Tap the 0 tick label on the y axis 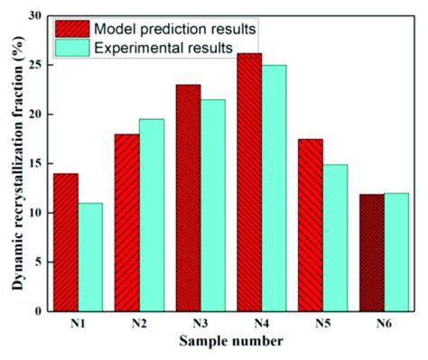coord(41,310)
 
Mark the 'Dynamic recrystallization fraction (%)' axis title coord(14,162)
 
